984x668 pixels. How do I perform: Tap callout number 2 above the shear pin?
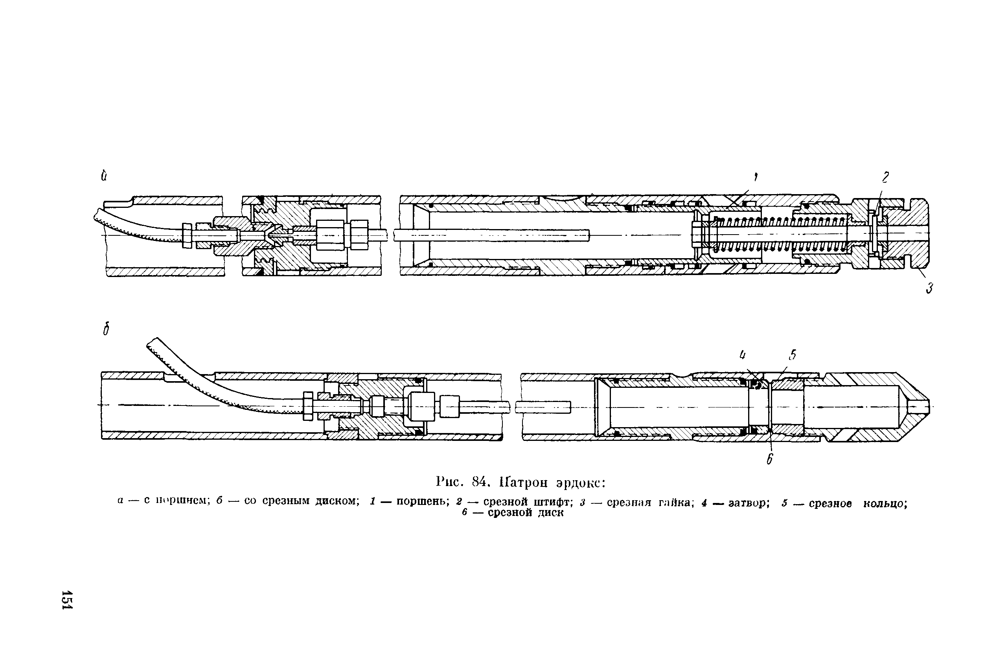[885, 177]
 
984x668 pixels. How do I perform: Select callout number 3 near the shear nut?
[929, 288]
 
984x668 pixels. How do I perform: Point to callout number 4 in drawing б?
[742, 355]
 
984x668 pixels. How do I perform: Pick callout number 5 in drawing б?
[792, 355]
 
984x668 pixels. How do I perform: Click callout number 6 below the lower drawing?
[770, 459]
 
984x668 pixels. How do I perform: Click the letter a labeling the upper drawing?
[104, 175]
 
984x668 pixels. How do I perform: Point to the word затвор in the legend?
[748, 503]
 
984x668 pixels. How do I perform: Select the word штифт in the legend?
[553, 502]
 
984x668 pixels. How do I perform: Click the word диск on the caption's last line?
[550, 513]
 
